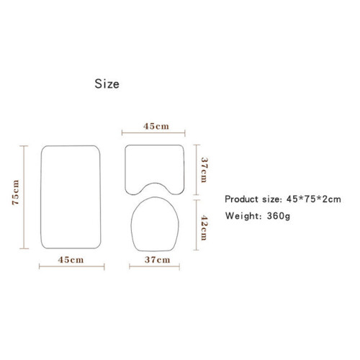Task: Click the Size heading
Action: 107,84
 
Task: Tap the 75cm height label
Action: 16,192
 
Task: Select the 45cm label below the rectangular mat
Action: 71,260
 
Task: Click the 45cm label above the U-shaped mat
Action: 156,126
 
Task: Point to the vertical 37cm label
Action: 204,170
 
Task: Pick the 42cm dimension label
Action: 204,228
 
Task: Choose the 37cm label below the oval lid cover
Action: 158,260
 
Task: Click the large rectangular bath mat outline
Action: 41,197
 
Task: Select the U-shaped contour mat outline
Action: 125,168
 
